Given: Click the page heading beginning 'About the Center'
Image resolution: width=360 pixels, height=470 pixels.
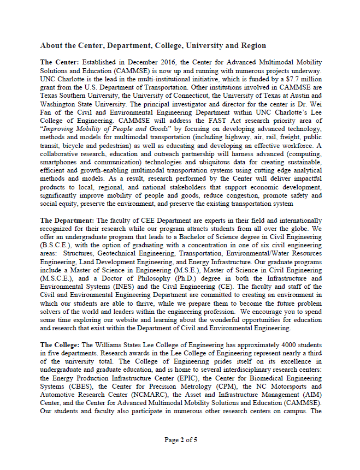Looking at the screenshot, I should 153,45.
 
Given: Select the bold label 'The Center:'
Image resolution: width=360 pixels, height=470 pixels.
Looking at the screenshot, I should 60,62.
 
